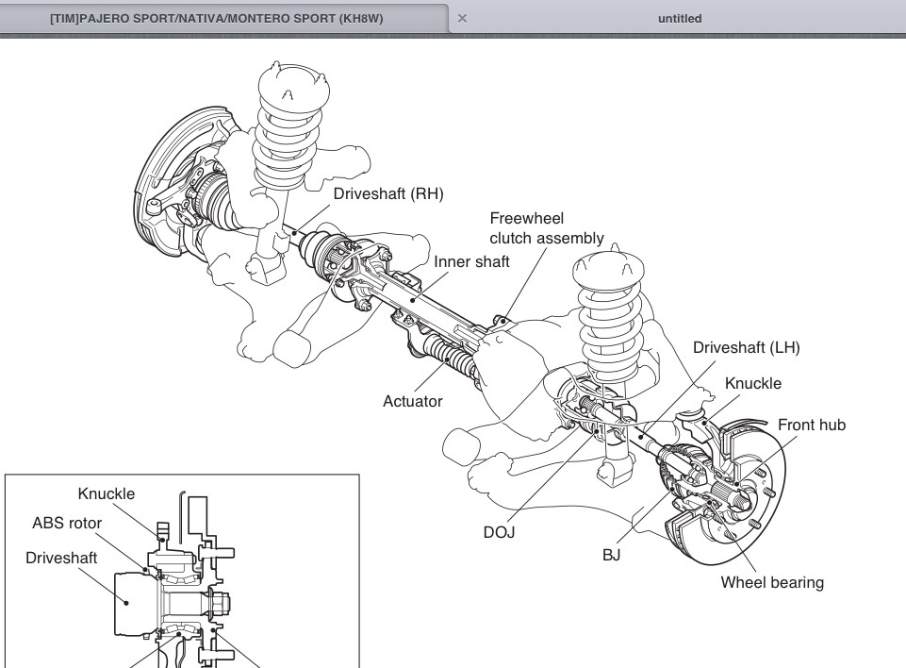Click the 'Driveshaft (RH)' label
[387, 194]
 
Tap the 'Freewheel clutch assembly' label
[547, 228]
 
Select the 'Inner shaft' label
[471, 261]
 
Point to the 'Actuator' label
[412, 401]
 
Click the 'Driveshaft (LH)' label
[746, 347]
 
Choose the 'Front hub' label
[811, 425]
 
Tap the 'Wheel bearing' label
[771, 582]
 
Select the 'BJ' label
[611, 555]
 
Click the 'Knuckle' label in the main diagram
[752, 383]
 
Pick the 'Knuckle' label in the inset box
[107, 493]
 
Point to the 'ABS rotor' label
[67, 523]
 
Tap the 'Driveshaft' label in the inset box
[61, 558]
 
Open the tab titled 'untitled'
[679, 18]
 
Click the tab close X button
[462, 18]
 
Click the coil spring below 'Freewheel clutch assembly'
[609, 311]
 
